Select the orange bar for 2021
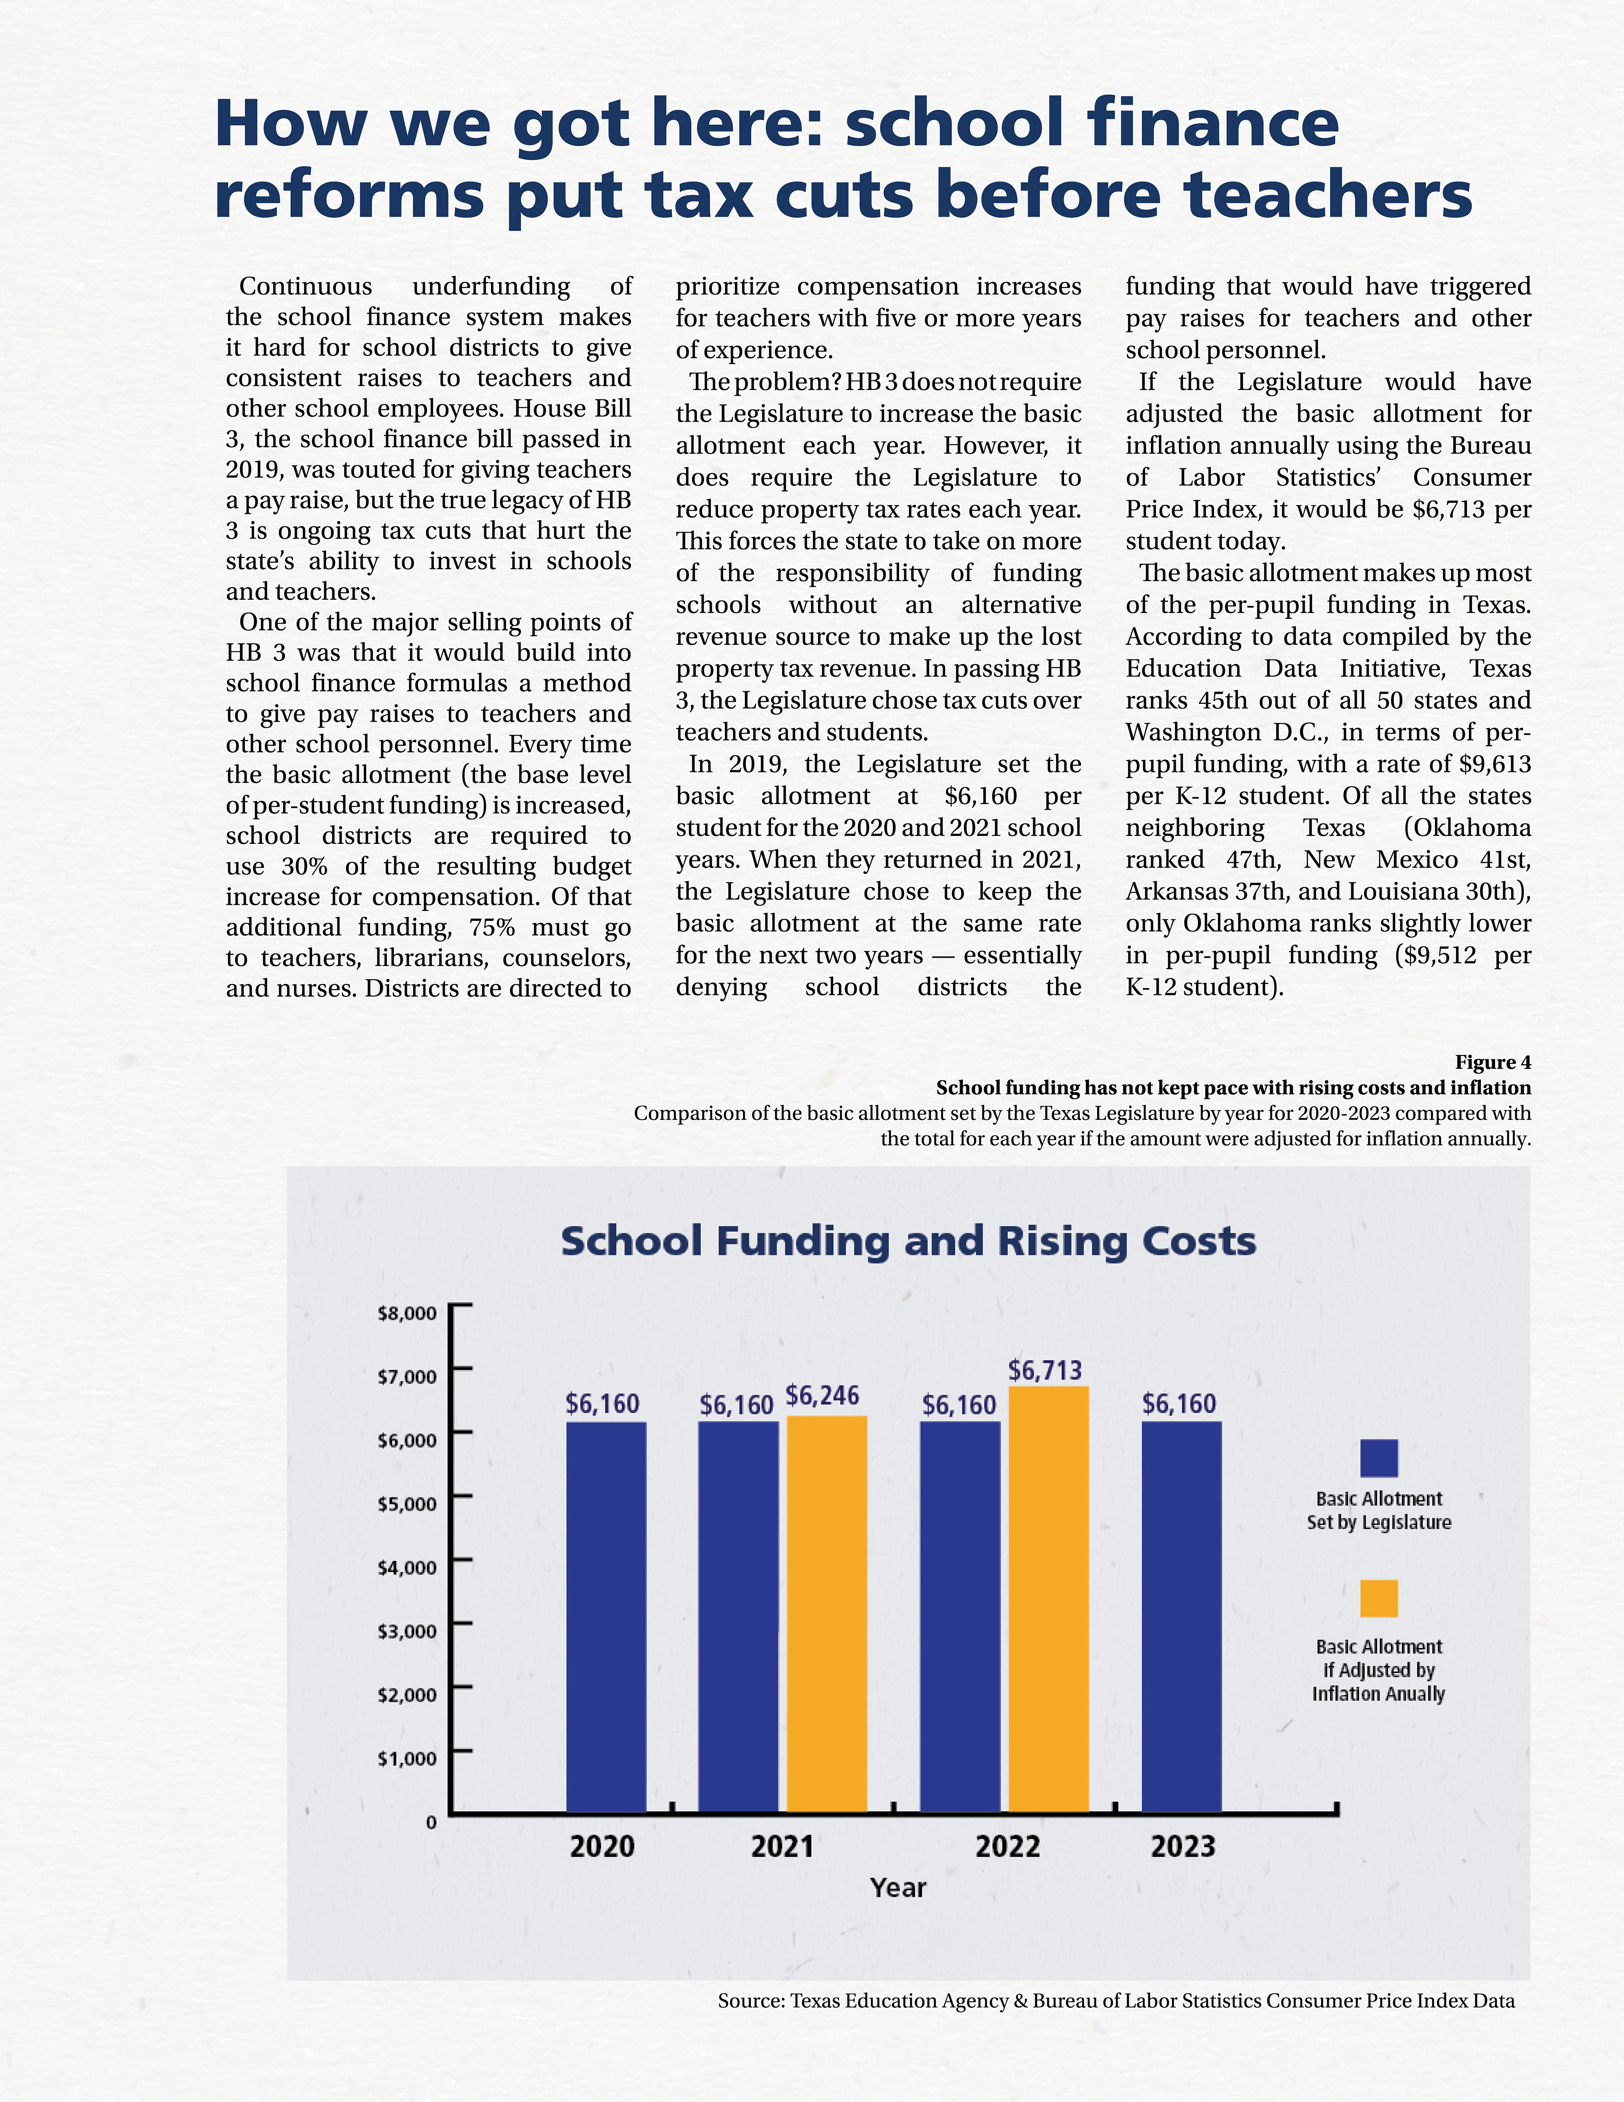pyautogui.click(x=826, y=1614)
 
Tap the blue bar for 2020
pyautogui.click(x=606, y=1617)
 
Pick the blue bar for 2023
pyautogui.click(x=1182, y=1617)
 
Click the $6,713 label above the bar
pyautogui.click(x=1045, y=1370)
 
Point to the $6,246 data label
pyautogui.click(x=823, y=1396)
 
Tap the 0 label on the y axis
pyautogui.click(x=431, y=1822)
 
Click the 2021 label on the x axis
pyautogui.click(x=782, y=1847)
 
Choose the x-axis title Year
pyautogui.click(x=897, y=1888)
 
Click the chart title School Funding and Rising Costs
pyautogui.click(x=908, y=1242)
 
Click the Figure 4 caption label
pyautogui.click(x=1492, y=1063)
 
